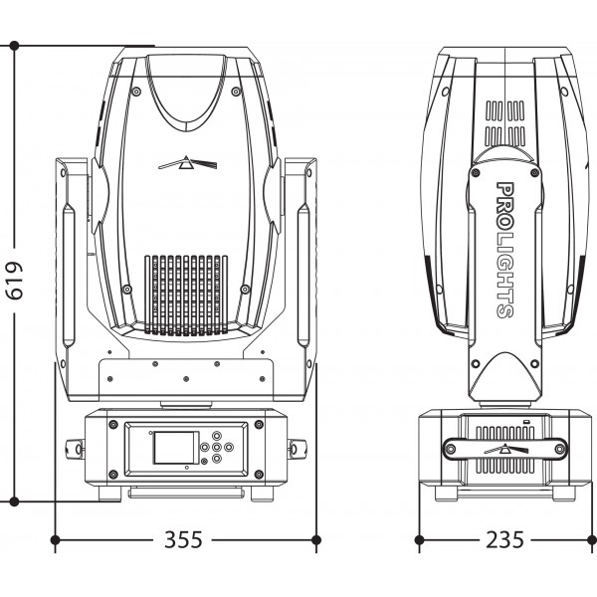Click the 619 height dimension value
click(15, 281)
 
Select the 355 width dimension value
click(183, 540)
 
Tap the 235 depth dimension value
click(504, 540)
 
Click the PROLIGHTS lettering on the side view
click(505, 250)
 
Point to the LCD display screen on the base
click(176, 448)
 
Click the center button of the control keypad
click(217, 447)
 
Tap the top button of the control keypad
click(217, 436)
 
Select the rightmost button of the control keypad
click(229, 447)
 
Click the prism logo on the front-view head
click(187, 163)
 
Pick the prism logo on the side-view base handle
click(506, 450)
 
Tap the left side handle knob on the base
click(75, 449)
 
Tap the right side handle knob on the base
click(297, 449)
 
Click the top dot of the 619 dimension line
click(15, 46)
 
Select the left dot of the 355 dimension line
click(55, 540)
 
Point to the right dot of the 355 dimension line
click(316, 540)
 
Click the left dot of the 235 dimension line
click(419, 540)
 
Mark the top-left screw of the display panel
click(113, 425)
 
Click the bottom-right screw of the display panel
click(259, 475)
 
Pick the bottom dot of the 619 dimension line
click(15, 501)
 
